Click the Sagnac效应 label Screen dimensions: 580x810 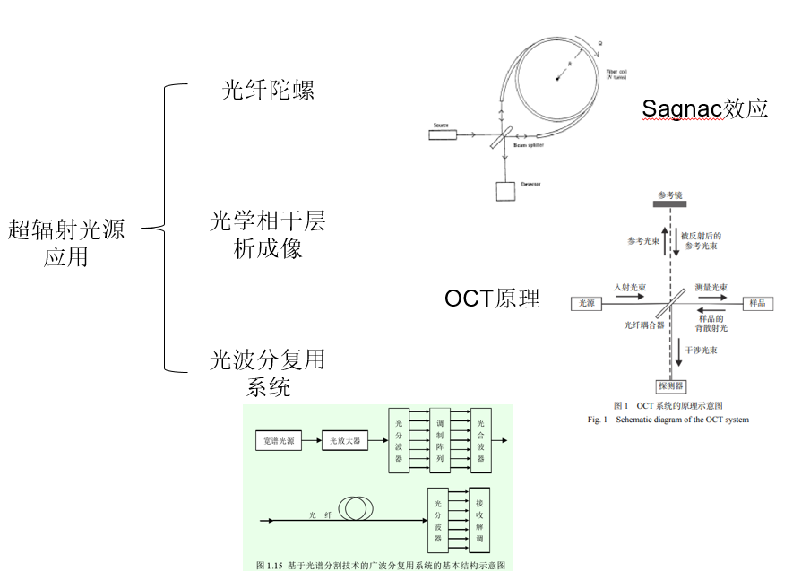[x=705, y=109]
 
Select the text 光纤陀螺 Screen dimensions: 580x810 [x=268, y=91]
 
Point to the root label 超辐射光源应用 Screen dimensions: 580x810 [x=66, y=243]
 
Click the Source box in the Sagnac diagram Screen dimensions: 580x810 [x=442, y=135]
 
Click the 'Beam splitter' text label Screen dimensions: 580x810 [x=528, y=143]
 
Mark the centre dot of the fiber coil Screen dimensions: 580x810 [x=557, y=79]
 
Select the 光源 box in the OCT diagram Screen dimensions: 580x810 [x=587, y=304]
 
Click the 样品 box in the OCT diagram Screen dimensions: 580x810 [x=756, y=304]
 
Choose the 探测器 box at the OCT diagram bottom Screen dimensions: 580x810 [x=670, y=386]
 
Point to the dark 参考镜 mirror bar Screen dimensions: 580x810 [x=670, y=204]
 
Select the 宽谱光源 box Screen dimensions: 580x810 [x=277, y=440]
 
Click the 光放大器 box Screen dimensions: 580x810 [x=344, y=440]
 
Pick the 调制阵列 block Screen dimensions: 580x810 [x=440, y=440]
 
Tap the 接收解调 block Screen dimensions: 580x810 [x=480, y=519]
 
